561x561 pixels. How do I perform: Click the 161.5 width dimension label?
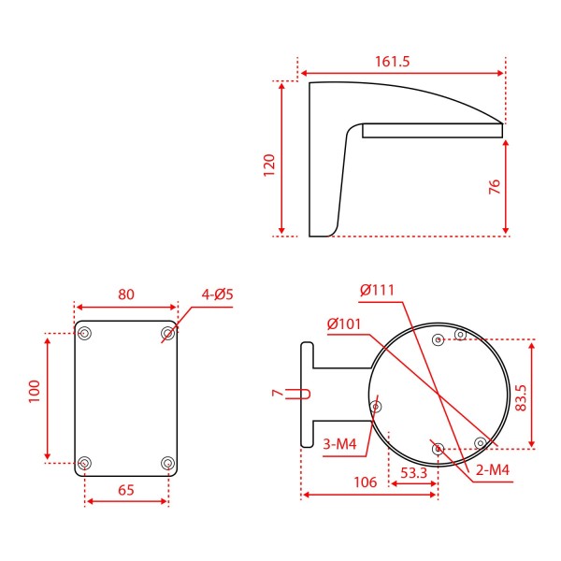click(392, 62)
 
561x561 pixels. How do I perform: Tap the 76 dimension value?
click(495, 187)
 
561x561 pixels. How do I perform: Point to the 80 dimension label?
click(126, 295)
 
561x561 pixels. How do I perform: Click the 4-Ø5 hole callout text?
click(217, 295)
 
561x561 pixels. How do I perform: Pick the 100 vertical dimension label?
click(35, 391)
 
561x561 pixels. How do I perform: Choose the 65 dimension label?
click(126, 489)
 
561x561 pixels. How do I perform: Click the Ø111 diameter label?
click(378, 290)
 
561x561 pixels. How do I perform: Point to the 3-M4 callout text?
click(339, 443)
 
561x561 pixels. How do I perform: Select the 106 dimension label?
click(366, 482)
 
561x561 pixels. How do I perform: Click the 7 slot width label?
click(277, 394)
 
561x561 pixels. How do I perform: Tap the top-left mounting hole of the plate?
click(85, 333)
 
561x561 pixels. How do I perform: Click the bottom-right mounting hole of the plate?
click(167, 463)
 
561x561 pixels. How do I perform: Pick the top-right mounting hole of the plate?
click(167, 333)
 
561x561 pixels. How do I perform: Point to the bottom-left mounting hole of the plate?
click(85, 463)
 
